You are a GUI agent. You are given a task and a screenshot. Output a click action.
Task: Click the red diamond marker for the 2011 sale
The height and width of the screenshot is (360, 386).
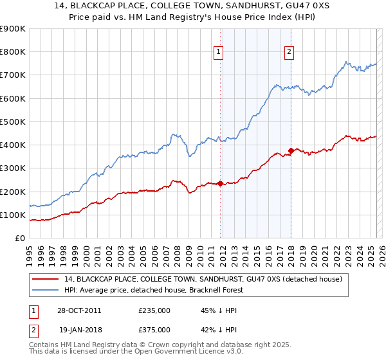(x=220, y=183)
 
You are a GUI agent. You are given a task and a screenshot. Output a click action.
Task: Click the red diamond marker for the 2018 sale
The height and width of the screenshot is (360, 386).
(x=291, y=150)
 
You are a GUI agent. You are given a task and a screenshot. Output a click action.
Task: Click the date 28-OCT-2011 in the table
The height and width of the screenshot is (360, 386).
(x=79, y=310)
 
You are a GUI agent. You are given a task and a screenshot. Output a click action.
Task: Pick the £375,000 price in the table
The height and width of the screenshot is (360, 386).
(x=154, y=330)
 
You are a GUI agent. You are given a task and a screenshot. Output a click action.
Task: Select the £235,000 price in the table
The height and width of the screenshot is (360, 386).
(x=154, y=310)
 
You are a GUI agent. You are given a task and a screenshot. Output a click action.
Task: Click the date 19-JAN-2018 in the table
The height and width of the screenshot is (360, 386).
(x=79, y=330)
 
